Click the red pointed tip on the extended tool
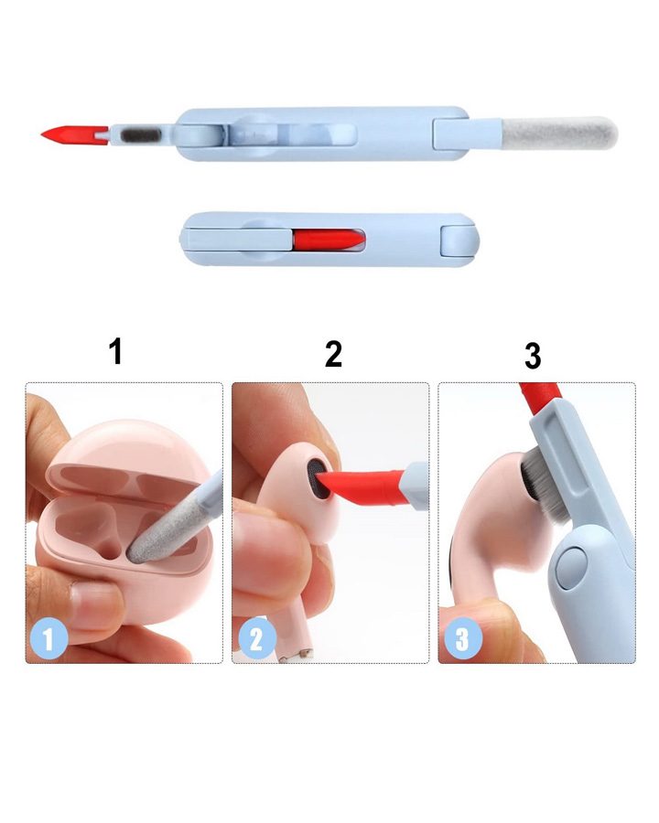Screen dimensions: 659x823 point(73,134)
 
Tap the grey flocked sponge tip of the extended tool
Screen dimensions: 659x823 point(559,133)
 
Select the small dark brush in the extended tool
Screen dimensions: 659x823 point(140,134)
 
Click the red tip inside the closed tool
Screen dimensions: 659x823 point(329,240)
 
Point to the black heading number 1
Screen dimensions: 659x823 point(115,351)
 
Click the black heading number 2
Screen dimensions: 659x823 point(334,354)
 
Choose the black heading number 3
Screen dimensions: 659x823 point(533,357)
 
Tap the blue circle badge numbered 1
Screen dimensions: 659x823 point(49,640)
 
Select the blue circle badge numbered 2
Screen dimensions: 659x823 point(256,639)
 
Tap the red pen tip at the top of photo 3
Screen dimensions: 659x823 point(537,398)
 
